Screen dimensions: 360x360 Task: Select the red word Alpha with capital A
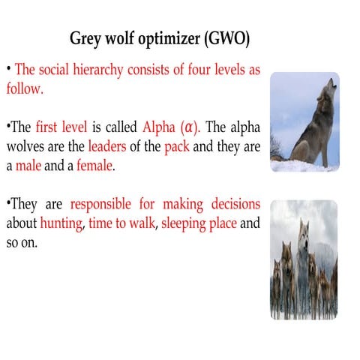click(x=157, y=127)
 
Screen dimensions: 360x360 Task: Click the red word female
click(x=94, y=166)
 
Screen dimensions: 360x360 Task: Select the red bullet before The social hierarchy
click(x=9, y=68)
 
